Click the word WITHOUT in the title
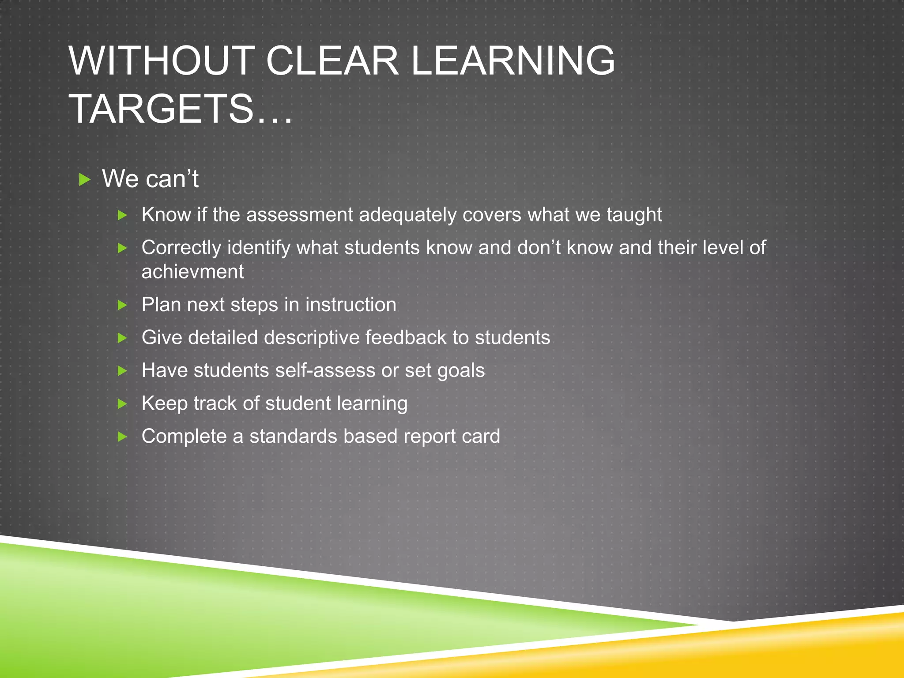click(x=161, y=61)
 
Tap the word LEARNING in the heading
click(x=512, y=61)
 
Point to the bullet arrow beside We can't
click(x=84, y=180)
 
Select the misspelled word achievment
click(x=192, y=271)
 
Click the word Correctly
click(x=181, y=248)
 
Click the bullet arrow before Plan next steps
click(x=122, y=305)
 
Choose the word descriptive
click(x=312, y=338)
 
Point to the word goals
click(x=461, y=371)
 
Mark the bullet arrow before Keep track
click(x=122, y=404)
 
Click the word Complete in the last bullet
click(x=184, y=437)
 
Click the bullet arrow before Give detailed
click(x=122, y=338)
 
